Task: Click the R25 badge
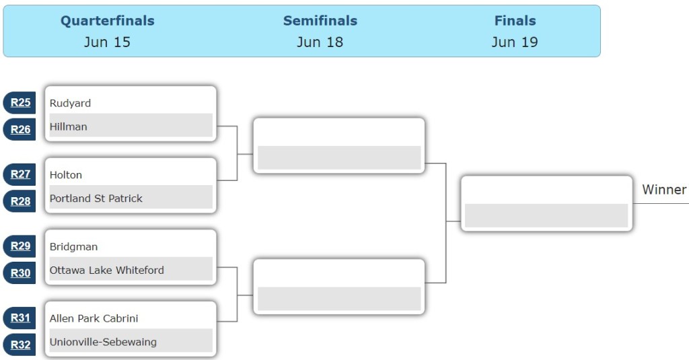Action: pyautogui.click(x=20, y=103)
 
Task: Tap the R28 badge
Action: pyautogui.click(x=20, y=201)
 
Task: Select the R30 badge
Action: pyautogui.click(x=20, y=273)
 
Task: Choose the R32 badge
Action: pyautogui.click(x=20, y=345)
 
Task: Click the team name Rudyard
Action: pyautogui.click(x=70, y=103)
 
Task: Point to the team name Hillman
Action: pyautogui.click(x=69, y=127)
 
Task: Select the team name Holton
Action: pyautogui.click(x=66, y=175)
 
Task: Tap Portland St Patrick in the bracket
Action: pyautogui.click(x=96, y=199)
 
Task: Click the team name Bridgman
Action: pyautogui.click(x=73, y=247)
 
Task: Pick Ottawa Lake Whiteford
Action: pyautogui.click(x=107, y=270)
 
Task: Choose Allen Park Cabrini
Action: pyautogui.click(x=94, y=318)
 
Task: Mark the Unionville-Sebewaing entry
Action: pyautogui.click(x=103, y=342)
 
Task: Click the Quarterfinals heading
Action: pyautogui.click(x=108, y=21)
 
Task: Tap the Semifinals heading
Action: pyautogui.click(x=320, y=21)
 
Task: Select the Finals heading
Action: pyautogui.click(x=515, y=21)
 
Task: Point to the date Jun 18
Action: pyautogui.click(x=320, y=42)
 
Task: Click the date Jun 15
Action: pyautogui.click(x=108, y=42)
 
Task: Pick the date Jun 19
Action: pyautogui.click(x=515, y=42)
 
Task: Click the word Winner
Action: pyautogui.click(x=664, y=190)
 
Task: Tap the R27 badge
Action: pyautogui.click(x=20, y=174)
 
